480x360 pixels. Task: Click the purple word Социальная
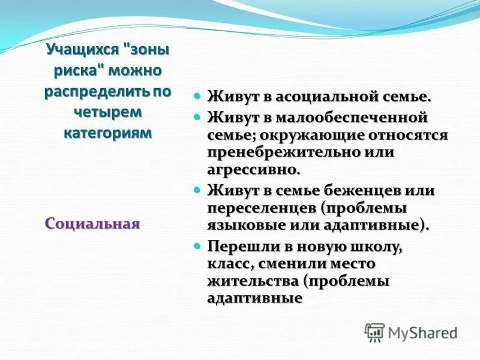click(x=92, y=224)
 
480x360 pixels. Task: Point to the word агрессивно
click(x=253, y=170)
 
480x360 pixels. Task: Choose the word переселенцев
click(x=262, y=208)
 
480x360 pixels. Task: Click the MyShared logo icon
click(x=374, y=332)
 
